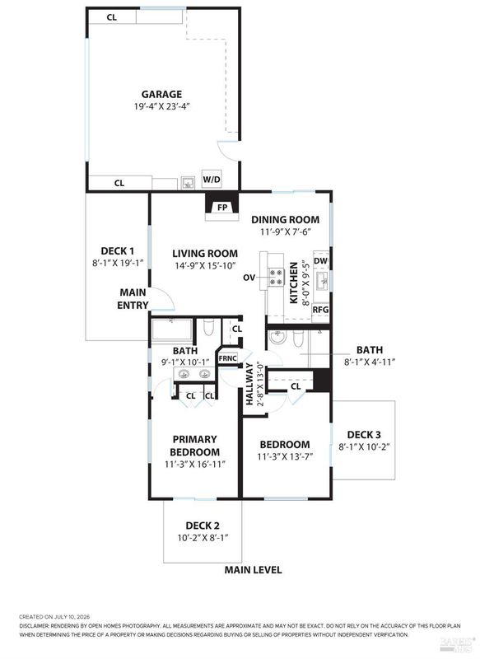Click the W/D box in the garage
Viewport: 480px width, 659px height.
tap(212, 180)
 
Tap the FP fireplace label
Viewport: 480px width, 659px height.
tap(222, 208)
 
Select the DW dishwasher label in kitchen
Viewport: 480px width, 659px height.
tap(321, 261)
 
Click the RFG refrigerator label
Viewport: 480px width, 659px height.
tap(320, 310)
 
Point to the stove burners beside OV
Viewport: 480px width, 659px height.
tap(276, 278)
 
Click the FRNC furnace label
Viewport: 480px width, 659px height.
tap(227, 358)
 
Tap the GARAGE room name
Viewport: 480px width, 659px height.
tap(161, 94)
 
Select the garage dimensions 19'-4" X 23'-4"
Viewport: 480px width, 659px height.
tap(162, 106)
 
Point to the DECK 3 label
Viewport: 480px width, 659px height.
tap(364, 435)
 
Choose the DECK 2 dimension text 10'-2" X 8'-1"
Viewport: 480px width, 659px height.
tap(203, 538)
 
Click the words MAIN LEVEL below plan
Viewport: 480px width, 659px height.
tap(253, 570)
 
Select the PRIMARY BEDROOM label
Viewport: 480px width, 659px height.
tap(194, 446)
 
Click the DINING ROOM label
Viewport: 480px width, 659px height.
tap(285, 219)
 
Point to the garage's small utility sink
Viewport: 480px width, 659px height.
tap(189, 183)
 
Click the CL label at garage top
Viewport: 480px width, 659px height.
tap(112, 17)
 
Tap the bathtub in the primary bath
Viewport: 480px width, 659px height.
tap(172, 330)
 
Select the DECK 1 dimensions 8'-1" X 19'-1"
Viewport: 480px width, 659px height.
tap(118, 263)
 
